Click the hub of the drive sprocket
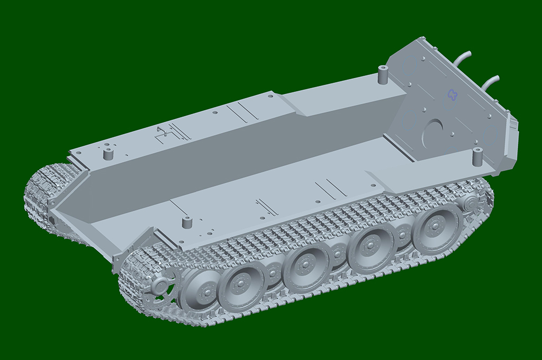[x=159, y=286]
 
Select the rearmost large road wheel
[x=436, y=226]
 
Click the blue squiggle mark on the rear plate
[x=452, y=95]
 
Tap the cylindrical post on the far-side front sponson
[x=108, y=154]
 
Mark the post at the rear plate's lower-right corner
[x=477, y=157]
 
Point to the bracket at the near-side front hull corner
[x=119, y=259]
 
